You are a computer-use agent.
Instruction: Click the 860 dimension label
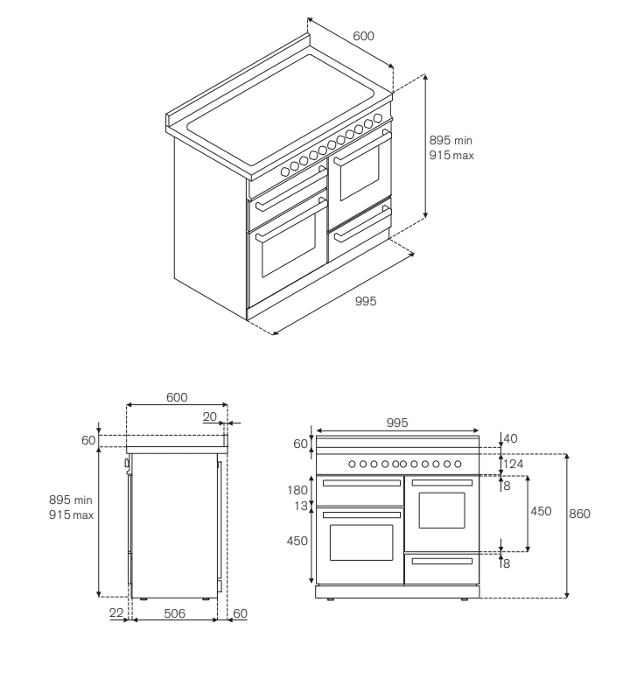click(579, 514)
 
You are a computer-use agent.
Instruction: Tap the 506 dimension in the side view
click(175, 613)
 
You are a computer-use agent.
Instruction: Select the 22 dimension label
click(115, 612)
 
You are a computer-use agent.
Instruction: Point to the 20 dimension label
click(210, 416)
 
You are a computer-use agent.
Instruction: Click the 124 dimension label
click(513, 464)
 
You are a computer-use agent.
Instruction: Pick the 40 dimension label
click(510, 438)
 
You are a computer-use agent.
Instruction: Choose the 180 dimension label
click(297, 490)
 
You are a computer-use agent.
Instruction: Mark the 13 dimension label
click(301, 506)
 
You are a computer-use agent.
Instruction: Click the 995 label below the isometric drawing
click(366, 301)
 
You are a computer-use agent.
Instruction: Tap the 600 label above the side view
click(177, 397)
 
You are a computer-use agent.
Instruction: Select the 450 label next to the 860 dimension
click(541, 511)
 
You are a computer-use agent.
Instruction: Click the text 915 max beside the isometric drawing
click(451, 156)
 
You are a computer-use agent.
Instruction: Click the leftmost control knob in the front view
click(352, 464)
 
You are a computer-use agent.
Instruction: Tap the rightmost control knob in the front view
click(458, 464)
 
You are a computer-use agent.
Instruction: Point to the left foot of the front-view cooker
click(331, 599)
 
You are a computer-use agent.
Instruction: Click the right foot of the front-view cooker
click(464, 599)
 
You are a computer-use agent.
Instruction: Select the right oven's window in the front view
click(442, 511)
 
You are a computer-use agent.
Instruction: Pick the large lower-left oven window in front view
click(361, 542)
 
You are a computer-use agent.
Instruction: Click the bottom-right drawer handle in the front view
click(442, 562)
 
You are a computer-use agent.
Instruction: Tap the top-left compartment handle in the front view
click(361, 483)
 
